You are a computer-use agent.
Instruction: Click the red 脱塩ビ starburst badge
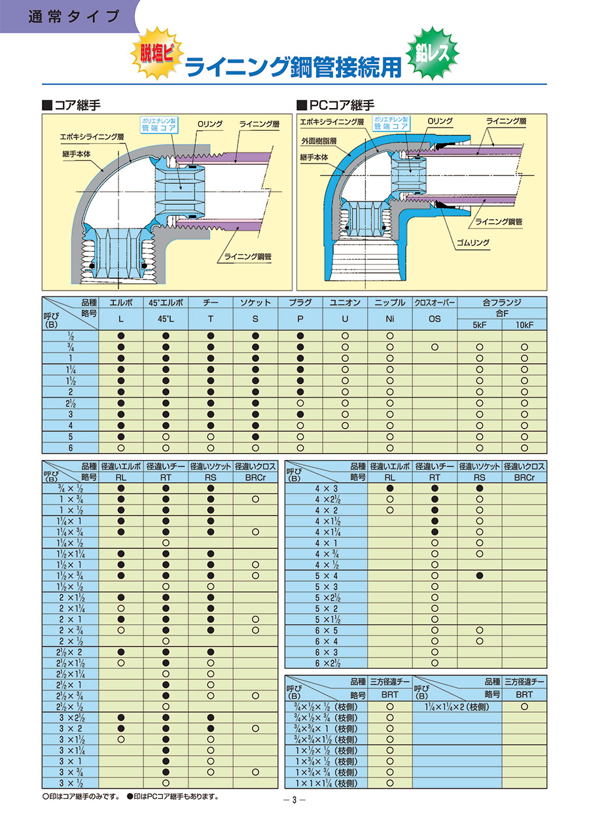[157, 54]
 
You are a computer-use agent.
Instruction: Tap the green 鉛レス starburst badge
[433, 53]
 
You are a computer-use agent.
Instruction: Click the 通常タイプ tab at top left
[74, 17]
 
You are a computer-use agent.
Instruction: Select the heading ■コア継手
[72, 105]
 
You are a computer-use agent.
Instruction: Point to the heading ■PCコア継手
[336, 105]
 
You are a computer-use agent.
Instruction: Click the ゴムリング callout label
[473, 243]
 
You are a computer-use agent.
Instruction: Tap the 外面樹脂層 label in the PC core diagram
[319, 141]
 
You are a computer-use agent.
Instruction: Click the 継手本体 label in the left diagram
[76, 154]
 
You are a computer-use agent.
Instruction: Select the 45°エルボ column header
[166, 303]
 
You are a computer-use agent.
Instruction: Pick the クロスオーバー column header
[435, 303]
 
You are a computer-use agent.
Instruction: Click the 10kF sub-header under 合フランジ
[524, 325]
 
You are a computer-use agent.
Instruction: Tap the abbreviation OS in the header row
[435, 319]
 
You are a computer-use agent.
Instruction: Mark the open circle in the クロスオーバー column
[435, 347]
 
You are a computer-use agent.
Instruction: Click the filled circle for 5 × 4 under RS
[480, 576]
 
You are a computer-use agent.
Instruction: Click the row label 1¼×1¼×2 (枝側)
[457, 707]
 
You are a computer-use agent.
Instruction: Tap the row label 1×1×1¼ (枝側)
[326, 783]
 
